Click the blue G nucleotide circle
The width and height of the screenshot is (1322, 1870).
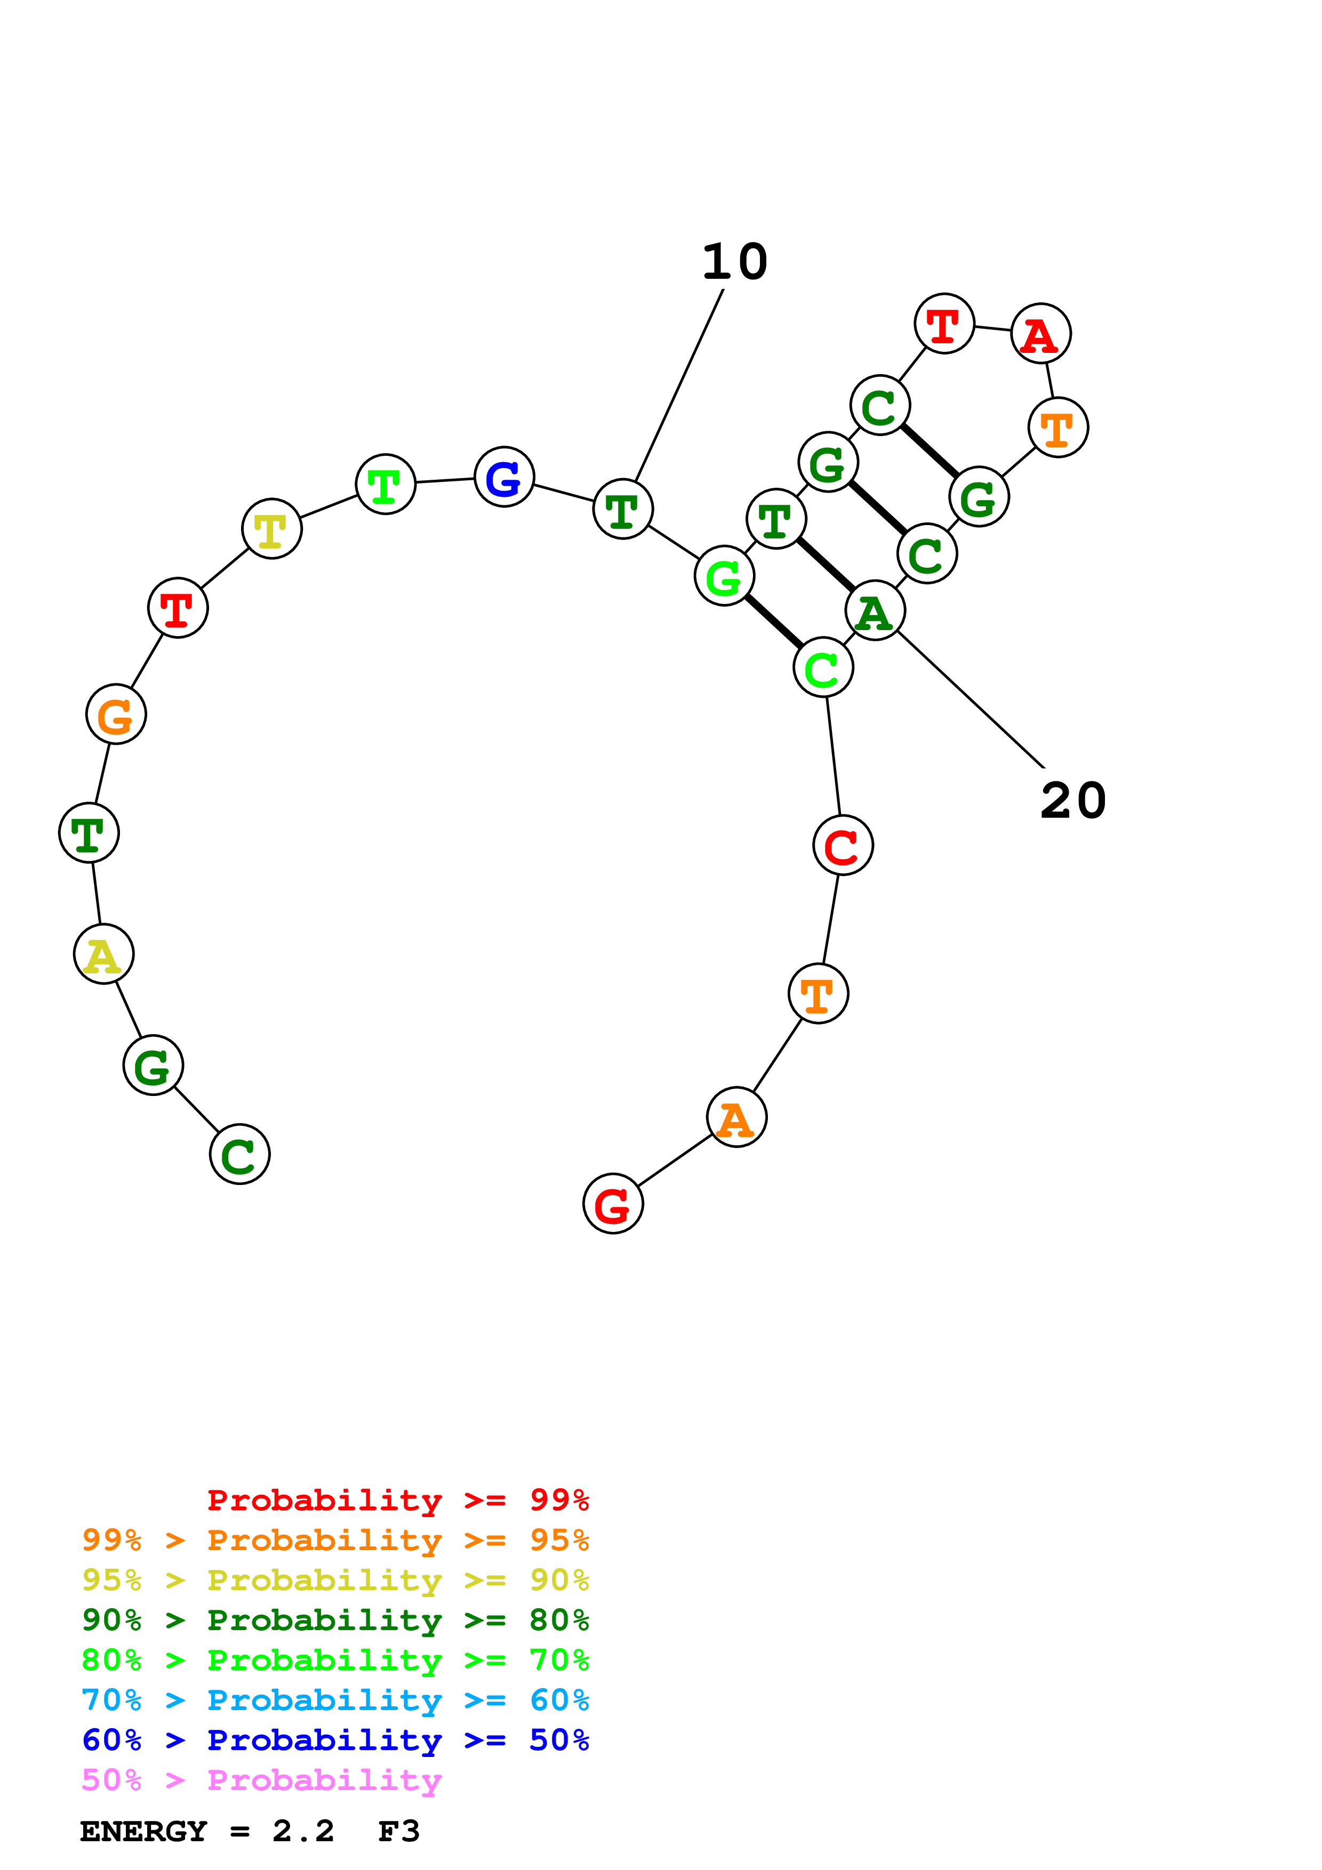click(503, 477)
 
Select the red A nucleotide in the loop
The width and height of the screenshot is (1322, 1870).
click(1040, 334)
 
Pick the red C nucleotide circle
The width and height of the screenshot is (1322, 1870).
click(842, 845)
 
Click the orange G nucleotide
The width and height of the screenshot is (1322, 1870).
click(116, 714)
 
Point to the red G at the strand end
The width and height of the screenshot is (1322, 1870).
click(613, 1204)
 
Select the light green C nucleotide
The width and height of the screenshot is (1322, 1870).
click(823, 668)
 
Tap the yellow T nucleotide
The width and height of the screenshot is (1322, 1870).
click(271, 529)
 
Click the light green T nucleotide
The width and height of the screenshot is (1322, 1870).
click(385, 485)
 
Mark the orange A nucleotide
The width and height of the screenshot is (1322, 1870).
click(736, 1117)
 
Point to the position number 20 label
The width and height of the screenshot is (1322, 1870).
click(1073, 801)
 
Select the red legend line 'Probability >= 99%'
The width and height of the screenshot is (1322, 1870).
click(397, 1500)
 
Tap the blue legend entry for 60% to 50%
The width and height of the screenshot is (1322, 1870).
click(335, 1740)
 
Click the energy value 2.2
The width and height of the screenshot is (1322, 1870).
click(303, 1831)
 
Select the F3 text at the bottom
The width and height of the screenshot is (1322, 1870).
click(399, 1831)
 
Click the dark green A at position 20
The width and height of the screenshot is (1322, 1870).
click(875, 611)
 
